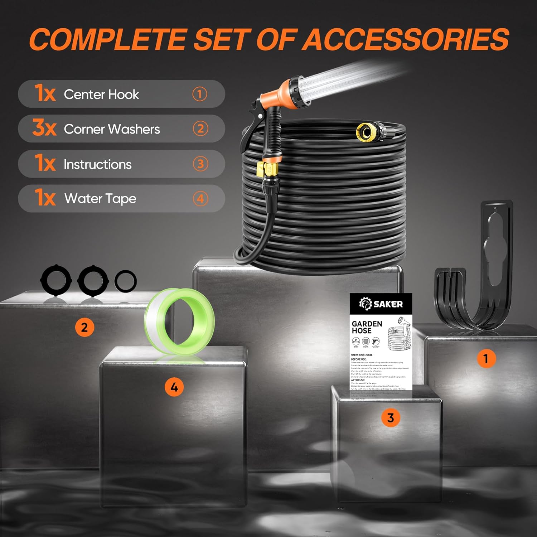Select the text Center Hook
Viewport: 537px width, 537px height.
[101, 94]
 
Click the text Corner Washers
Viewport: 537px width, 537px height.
[112, 129]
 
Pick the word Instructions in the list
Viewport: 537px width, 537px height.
[97, 164]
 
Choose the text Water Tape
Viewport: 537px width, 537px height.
[100, 199]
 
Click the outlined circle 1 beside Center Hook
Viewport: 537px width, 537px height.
[200, 94]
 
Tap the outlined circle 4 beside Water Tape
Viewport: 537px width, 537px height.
[200, 199]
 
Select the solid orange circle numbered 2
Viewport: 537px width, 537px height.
[84, 327]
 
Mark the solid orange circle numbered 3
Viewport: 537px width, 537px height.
[391, 418]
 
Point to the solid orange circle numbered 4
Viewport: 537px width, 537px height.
[174, 387]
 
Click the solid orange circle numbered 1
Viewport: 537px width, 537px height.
[486, 359]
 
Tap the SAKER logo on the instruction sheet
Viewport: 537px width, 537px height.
[381, 304]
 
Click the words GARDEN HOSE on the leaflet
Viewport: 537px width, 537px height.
[367, 327]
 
